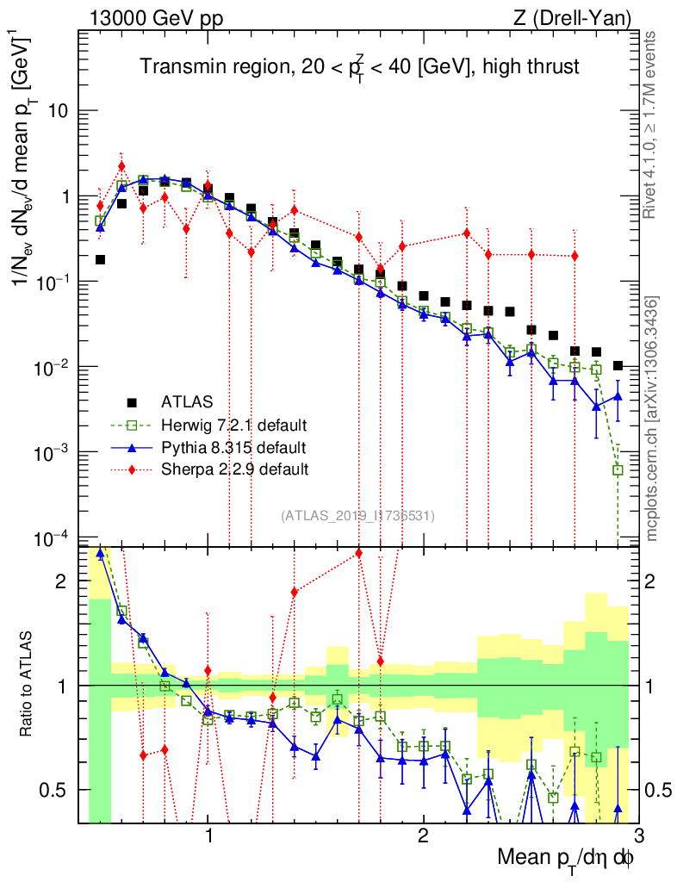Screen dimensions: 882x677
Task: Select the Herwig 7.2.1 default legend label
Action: click(x=234, y=425)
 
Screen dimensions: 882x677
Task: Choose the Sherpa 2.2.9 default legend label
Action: click(x=234, y=469)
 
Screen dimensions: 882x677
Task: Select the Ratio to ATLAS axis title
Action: click(x=28, y=685)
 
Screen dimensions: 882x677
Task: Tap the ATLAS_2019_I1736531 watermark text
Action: click(x=357, y=516)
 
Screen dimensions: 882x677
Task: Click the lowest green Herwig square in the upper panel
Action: click(x=618, y=469)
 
